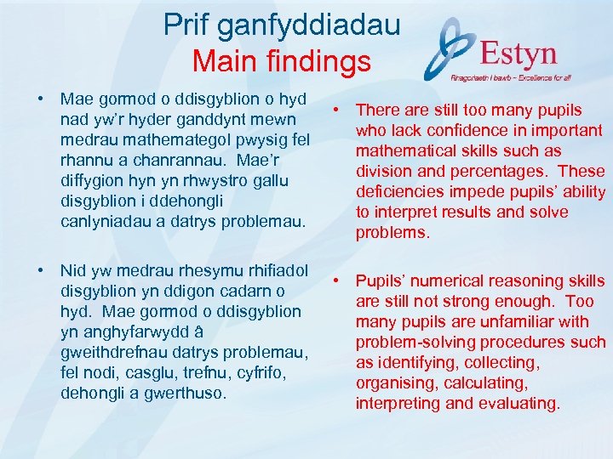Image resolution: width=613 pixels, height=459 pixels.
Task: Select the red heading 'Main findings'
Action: pyautogui.click(x=281, y=61)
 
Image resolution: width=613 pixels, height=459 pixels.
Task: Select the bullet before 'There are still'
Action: pyautogui.click(x=337, y=110)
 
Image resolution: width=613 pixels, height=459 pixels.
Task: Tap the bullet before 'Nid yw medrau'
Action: pyautogui.click(x=41, y=270)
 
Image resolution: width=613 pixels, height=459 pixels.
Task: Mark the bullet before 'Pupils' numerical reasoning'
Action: pyautogui.click(x=337, y=280)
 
